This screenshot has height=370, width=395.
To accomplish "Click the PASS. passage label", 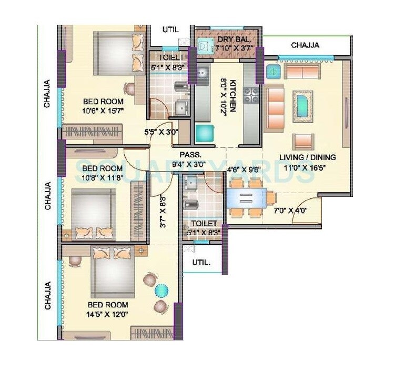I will pos(188,155).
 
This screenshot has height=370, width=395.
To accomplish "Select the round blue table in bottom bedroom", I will pos(161,290).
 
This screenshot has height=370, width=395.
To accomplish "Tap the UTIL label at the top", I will pos(170,30).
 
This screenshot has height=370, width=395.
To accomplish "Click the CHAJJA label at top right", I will pos(305,45).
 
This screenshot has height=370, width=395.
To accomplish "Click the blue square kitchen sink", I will pos(205,133).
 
